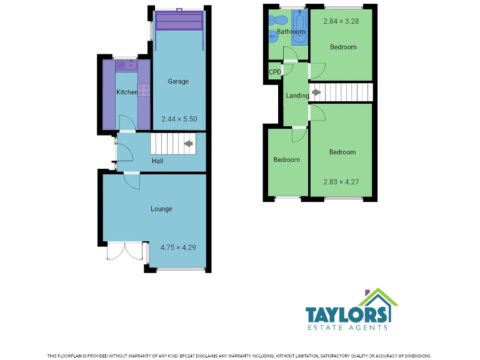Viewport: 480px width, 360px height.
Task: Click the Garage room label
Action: [178, 81]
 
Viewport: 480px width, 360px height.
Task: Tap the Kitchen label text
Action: [126, 92]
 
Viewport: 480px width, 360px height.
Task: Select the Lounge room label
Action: [161, 209]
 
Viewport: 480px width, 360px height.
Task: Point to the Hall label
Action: [157, 161]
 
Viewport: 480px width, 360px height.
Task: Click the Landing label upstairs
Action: [297, 96]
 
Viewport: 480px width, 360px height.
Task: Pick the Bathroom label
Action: [291, 32]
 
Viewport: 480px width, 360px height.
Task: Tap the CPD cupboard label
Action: [274, 72]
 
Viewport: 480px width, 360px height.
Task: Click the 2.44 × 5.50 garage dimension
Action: [179, 119]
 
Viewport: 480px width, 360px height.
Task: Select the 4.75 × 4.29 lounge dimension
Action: [178, 247]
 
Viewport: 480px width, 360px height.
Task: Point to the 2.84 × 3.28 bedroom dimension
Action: [341, 22]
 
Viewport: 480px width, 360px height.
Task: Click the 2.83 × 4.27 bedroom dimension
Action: [341, 182]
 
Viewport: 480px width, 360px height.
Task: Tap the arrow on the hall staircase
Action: [187, 144]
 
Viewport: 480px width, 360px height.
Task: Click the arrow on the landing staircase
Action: [316, 92]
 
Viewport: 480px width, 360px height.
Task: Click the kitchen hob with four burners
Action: [144, 91]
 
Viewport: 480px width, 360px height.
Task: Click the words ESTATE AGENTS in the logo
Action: [346, 327]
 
